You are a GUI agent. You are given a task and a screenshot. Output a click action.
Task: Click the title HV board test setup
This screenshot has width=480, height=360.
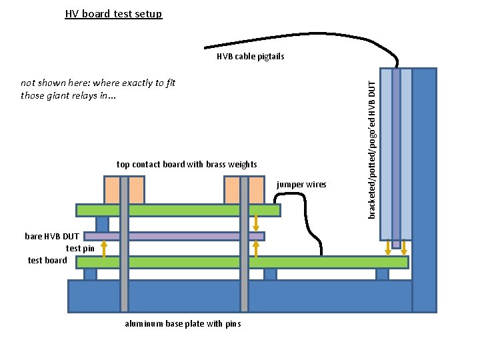click(x=113, y=13)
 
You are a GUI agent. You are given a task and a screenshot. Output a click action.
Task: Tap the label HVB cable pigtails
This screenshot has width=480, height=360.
click(x=250, y=57)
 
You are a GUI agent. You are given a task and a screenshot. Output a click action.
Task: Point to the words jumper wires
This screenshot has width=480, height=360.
click(x=301, y=185)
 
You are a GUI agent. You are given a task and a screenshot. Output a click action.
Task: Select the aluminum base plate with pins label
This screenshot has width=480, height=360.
click(x=183, y=324)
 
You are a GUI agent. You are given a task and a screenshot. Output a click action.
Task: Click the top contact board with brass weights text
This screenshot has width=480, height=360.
click(x=187, y=165)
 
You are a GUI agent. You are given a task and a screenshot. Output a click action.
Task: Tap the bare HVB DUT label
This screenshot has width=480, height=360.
click(x=52, y=237)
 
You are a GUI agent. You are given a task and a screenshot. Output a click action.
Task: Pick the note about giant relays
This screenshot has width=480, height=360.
click(x=98, y=89)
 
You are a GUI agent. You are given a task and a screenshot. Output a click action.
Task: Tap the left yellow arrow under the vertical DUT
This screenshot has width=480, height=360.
click(x=389, y=248)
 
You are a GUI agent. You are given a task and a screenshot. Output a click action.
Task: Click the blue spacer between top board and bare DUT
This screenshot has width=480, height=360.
click(x=102, y=224)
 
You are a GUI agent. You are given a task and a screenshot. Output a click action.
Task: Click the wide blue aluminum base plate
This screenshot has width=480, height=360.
click(x=240, y=296)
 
